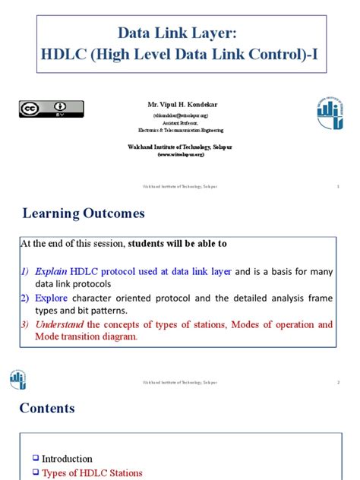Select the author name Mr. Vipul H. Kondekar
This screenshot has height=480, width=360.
(181, 102)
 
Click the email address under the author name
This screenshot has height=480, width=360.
(181, 116)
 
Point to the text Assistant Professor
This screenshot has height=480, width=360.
(181, 122)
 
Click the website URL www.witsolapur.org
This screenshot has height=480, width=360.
(181, 153)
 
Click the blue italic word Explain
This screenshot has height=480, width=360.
(48, 271)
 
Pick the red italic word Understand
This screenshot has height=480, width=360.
(58, 324)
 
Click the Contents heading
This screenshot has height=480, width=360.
(47, 408)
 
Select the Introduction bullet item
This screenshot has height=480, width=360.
(67, 459)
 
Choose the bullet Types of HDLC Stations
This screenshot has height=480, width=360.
(92, 473)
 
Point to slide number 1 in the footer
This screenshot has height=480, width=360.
(337, 187)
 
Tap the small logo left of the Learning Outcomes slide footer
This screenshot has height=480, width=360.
(18, 380)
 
